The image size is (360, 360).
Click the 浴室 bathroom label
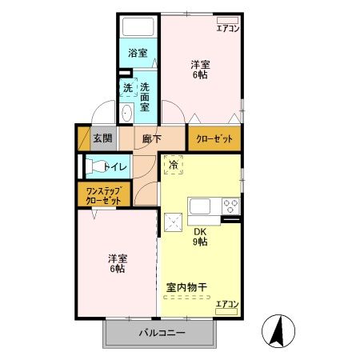(138, 54)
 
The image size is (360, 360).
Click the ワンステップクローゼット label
(104, 196)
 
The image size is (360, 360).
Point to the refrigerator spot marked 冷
(174, 166)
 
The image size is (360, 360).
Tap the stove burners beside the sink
(231, 206)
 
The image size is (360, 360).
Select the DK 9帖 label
(198, 237)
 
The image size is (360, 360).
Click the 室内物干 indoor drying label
(187, 286)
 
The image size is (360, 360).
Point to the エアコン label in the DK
(226, 304)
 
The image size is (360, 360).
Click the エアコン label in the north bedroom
(228, 29)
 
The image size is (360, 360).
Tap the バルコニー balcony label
(161, 332)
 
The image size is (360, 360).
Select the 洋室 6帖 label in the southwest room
(118, 265)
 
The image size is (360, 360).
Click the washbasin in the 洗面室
(128, 114)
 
